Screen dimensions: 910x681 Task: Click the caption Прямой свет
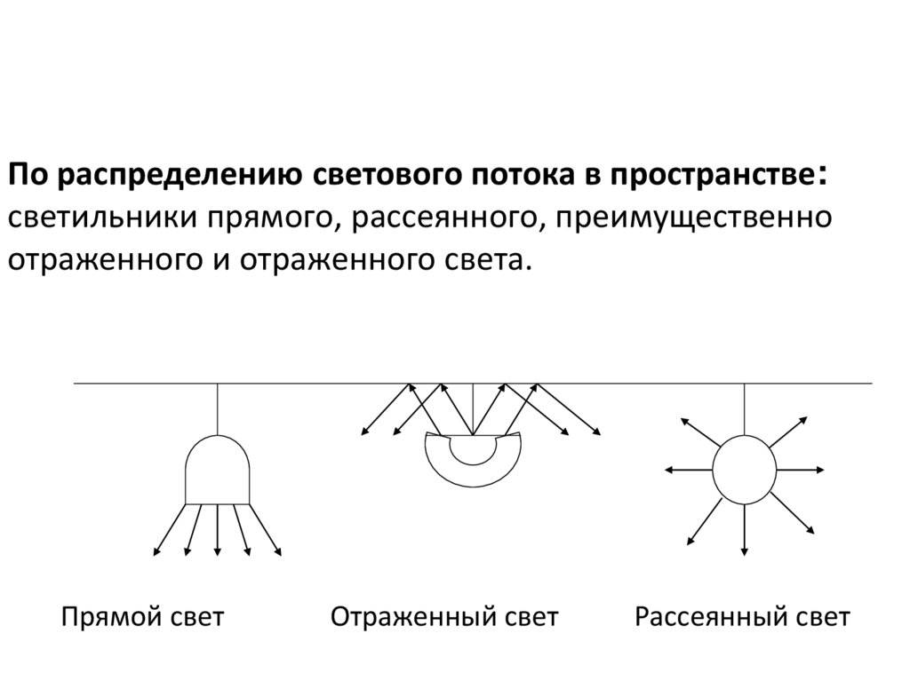[x=142, y=617]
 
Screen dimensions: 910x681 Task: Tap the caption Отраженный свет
[x=444, y=617]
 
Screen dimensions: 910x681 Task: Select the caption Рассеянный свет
[x=743, y=617]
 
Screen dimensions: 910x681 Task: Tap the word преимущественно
[x=695, y=218]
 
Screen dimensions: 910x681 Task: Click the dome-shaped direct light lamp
[x=218, y=471]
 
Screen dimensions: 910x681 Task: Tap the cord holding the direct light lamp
[x=218, y=408]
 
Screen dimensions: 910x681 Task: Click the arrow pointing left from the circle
[x=688, y=469]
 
